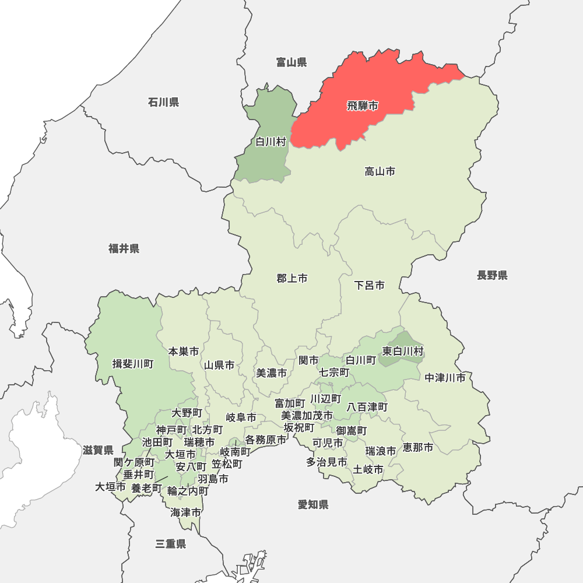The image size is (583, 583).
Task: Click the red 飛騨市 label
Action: click(362, 106)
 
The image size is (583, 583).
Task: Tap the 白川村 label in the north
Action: click(271, 142)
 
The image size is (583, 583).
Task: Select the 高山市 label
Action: click(380, 171)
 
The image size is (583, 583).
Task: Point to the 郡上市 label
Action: click(292, 279)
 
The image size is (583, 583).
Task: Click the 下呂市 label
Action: click(370, 286)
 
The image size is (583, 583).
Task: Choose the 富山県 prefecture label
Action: click(291, 62)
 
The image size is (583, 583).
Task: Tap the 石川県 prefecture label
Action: click(163, 103)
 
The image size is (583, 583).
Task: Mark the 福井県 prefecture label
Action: click(124, 249)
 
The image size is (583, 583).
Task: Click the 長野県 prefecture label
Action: click(492, 275)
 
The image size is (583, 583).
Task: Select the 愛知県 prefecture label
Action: click(313, 505)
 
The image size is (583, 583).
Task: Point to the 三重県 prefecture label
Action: click(171, 545)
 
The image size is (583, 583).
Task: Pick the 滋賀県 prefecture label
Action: click(98, 450)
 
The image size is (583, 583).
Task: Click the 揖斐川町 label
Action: click(133, 364)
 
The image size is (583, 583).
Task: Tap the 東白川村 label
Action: click(403, 351)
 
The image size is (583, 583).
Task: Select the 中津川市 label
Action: click(445, 378)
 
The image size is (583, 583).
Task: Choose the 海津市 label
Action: click(186, 513)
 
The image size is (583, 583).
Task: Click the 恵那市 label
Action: click(418, 448)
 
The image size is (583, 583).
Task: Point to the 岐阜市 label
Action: click(241, 417)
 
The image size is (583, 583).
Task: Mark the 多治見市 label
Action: click(326, 462)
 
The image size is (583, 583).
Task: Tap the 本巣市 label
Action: click(184, 352)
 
